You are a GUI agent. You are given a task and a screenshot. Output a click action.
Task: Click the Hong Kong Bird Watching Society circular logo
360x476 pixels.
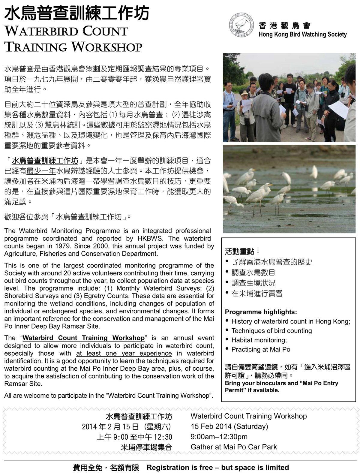click(x=241, y=25)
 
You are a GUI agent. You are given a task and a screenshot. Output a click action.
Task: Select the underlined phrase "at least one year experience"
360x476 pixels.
click(x=124, y=353)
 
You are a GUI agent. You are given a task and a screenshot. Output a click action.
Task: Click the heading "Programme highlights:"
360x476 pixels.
click(x=261, y=312)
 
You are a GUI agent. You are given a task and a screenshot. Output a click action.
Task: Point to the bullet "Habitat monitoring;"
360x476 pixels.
click(x=259, y=340)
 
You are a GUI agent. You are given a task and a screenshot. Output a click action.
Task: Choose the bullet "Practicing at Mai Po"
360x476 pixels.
click(x=261, y=349)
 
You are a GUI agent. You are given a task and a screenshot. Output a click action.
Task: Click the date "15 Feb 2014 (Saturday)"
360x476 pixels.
click(x=229, y=426)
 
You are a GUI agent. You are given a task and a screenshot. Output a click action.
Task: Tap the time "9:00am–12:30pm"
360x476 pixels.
click(x=219, y=437)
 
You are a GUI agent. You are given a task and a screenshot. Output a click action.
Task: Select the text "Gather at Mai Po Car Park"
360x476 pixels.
click(x=234, y=447)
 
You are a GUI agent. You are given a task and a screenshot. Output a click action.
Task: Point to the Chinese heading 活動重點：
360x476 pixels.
click(x=242, y=252)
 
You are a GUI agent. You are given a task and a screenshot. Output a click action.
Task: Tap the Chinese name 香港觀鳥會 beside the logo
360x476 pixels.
click(x=284, y=26)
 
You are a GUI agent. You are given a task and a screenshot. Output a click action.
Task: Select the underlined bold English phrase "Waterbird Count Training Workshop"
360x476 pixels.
click(x=83, y=338)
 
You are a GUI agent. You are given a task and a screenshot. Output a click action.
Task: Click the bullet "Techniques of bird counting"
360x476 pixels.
click(x=271, y=331)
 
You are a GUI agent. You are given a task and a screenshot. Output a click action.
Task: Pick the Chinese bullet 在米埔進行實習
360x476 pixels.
click(x=257, y=294)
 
